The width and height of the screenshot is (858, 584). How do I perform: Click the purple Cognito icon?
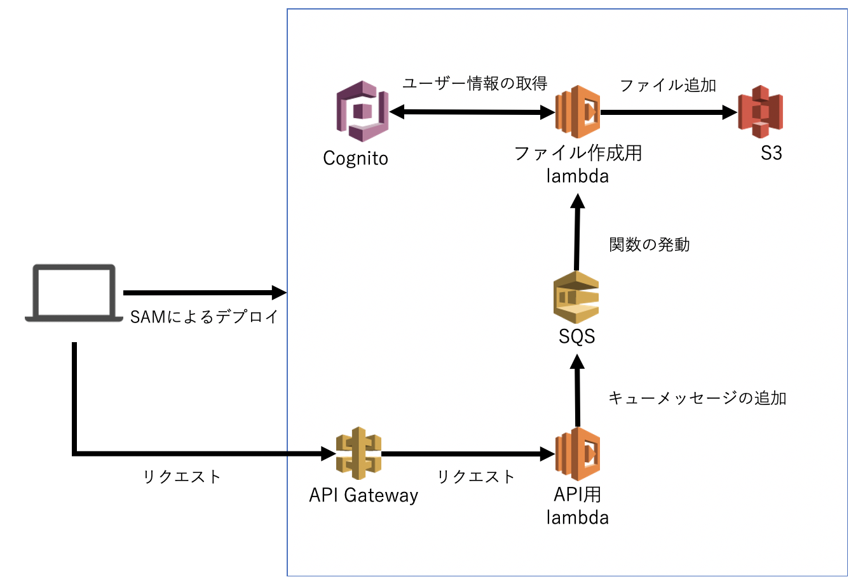362,111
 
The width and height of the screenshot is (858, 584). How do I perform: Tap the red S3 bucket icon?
760,112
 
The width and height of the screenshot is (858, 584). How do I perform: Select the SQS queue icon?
576,297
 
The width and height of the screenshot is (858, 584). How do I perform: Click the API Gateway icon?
358,453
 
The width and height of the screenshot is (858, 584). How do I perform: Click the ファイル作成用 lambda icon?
577,112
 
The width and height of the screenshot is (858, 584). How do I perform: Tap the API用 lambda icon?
577,453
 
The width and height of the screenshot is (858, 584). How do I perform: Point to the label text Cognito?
355,158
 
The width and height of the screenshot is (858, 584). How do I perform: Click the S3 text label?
771,153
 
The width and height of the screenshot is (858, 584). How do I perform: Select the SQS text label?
576,336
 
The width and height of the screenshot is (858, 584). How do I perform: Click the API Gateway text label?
364,495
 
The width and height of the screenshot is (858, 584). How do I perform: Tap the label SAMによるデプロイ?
204,316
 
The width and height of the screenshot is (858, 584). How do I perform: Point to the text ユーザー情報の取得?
475,84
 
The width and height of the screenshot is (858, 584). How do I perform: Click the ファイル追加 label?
667,85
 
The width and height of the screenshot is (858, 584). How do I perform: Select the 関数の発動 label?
649,244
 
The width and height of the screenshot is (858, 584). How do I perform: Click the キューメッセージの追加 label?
697,398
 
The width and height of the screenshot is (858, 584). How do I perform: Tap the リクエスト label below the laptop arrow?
182,477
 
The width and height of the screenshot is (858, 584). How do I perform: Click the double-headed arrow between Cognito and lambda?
472,112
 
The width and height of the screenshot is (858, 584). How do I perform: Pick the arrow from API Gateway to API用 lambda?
468,454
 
